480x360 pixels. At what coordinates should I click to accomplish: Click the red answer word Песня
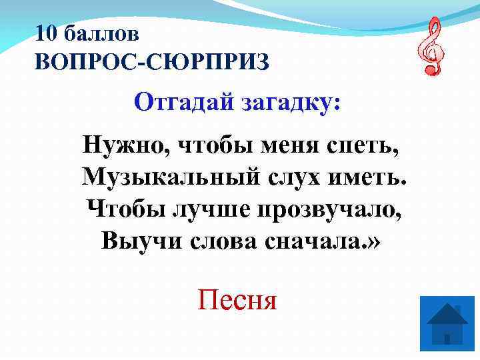click(237, 301)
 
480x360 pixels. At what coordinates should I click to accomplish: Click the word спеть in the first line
click(367, 143)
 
